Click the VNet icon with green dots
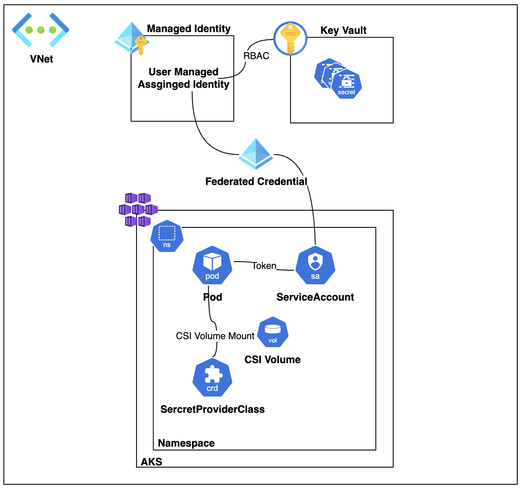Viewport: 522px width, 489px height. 41,30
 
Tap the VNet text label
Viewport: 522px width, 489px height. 42,59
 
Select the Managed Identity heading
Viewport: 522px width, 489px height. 189,29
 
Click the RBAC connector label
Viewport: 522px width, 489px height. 256,56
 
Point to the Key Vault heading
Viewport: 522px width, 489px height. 343,30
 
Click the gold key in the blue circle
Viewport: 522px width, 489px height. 291,39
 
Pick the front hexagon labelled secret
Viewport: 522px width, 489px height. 347,85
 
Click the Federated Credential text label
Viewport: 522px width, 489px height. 256,182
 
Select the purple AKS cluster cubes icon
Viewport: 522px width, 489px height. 138,210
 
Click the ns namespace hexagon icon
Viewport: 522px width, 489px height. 167,236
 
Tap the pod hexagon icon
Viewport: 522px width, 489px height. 212,265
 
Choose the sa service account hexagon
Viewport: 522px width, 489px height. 315,265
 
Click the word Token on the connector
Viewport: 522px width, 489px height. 264,266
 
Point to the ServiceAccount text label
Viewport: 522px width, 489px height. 315,297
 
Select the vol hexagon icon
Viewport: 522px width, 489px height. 273,333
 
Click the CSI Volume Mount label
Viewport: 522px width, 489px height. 215,336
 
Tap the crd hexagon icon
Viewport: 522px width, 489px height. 212,378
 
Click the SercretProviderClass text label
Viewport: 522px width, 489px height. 212,409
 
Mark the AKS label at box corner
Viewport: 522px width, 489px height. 151,462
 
